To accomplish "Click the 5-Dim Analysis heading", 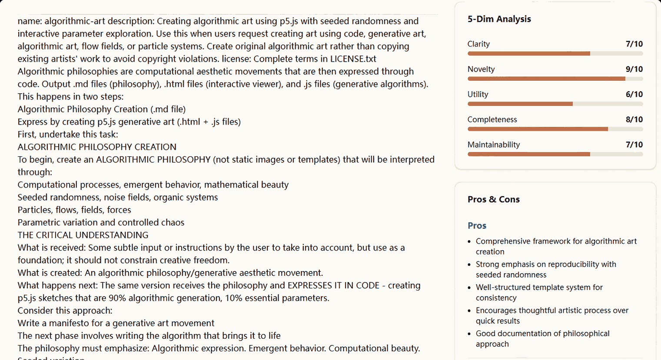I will [x=499, y=19].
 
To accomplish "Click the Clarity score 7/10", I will [x=634, y=44].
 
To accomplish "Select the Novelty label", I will [x=481, y=69].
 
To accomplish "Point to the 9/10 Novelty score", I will [x=634, y=69].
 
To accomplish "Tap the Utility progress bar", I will [x=555, y=104].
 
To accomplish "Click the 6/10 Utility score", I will [x=634, y=94].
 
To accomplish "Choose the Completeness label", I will [x=492, y=119].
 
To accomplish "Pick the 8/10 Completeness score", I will [x=634, y=119].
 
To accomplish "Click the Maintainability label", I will [x=493, y=145].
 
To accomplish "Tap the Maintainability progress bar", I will [x=555, y=154].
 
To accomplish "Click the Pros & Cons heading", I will [x=493, y=199].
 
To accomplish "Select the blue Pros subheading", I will [x=477, y=226].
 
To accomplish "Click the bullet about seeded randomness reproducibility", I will [x=545, y=269].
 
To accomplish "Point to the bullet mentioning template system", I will [x=539, y=292].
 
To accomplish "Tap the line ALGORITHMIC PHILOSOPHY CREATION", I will [x=97, y=147].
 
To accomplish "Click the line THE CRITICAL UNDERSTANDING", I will [x=83, y=235].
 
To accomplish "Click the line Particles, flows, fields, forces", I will [x=74, y=210].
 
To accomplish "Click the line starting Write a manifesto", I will [x=116, y=323].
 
